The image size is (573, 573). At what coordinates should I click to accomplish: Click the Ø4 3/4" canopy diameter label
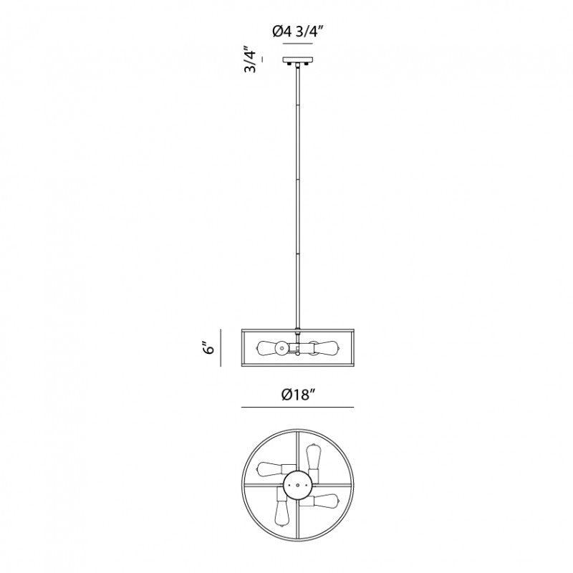298,32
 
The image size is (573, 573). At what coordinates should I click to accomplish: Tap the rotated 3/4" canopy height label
250,59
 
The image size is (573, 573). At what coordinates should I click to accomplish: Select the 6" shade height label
208,348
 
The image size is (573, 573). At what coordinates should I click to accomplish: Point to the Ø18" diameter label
298,395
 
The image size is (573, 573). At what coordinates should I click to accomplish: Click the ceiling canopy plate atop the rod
298,59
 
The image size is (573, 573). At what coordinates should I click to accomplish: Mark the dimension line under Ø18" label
297,407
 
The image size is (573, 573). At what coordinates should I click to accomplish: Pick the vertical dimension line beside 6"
221,347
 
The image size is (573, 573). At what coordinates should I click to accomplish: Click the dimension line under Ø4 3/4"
298,44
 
